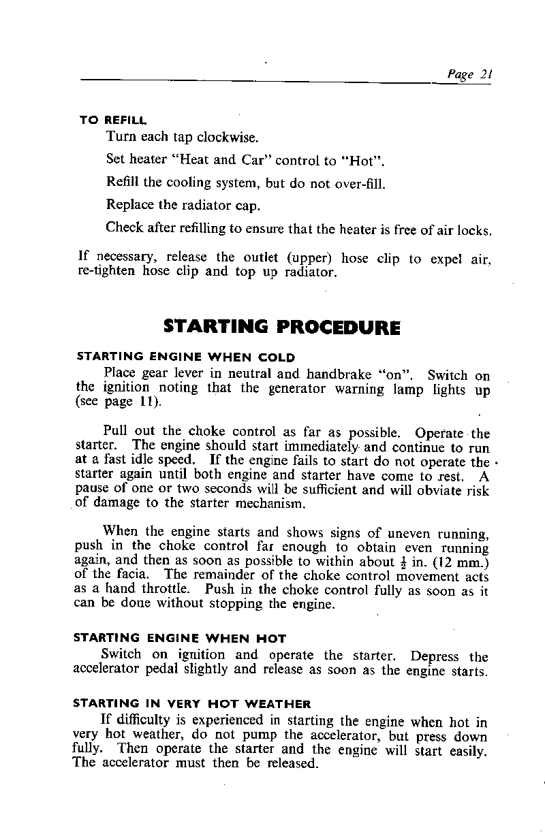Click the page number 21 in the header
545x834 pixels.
(486, 76)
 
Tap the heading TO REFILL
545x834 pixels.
(113, 120)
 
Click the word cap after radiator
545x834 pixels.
(248, 206)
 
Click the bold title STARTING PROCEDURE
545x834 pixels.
(282, 327)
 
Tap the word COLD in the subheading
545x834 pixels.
(277, 357)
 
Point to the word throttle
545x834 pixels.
(163, 590)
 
